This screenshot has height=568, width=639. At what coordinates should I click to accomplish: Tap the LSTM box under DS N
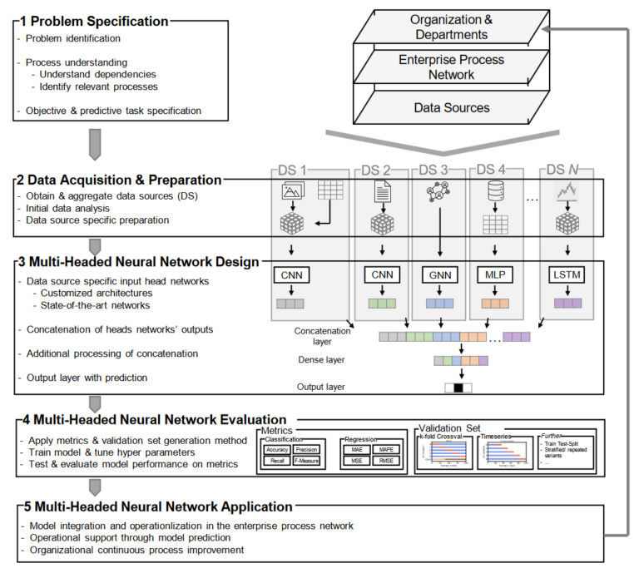568,275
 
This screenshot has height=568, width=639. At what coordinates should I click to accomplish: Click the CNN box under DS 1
292,275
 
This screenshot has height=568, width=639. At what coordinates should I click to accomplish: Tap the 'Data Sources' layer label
452,107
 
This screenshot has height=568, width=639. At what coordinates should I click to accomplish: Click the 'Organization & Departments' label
452,26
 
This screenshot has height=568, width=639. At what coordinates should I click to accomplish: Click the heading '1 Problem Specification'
98,21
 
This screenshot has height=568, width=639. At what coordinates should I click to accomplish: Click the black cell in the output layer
458,388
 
